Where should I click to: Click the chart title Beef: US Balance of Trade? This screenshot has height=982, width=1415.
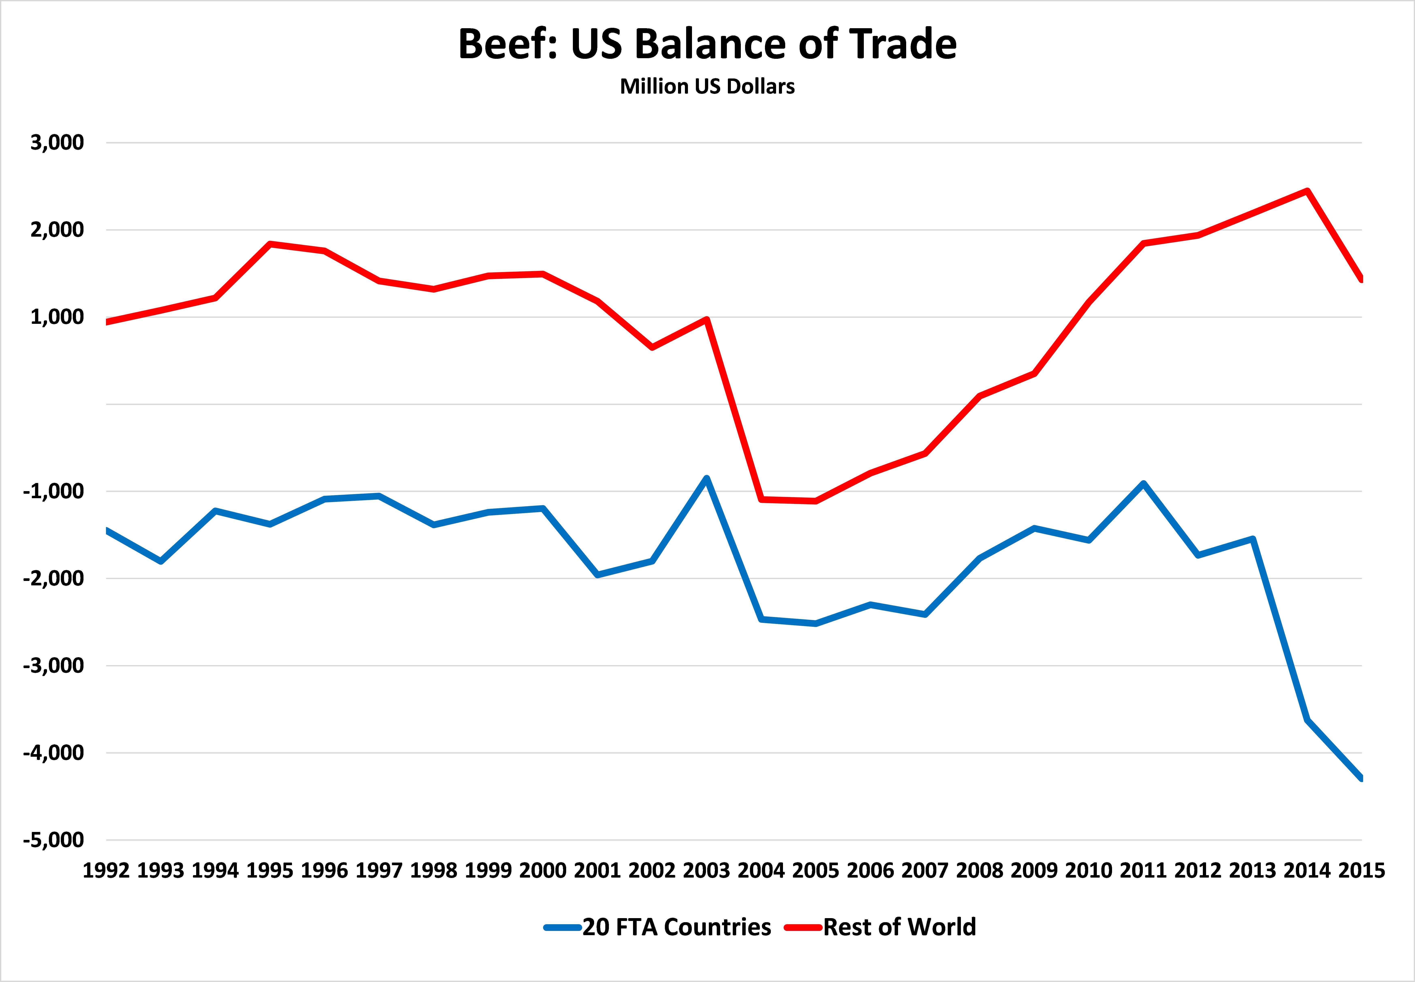[x=707, y=44]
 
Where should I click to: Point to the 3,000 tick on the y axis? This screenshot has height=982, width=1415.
[x=57, y=143]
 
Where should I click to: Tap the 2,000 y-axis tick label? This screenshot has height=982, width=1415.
[x=57, y=230]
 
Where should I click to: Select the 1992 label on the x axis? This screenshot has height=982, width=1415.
[x=106, y=871]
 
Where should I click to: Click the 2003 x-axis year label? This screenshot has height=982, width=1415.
[x=707, y=871]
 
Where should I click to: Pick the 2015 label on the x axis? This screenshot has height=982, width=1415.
[x=1362, y=871]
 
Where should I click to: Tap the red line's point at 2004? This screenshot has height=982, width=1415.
[x=761, y=499]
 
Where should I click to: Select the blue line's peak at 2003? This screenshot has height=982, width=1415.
[x=707, y=478]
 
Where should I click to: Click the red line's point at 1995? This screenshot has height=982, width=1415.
[x=270, y=244]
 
